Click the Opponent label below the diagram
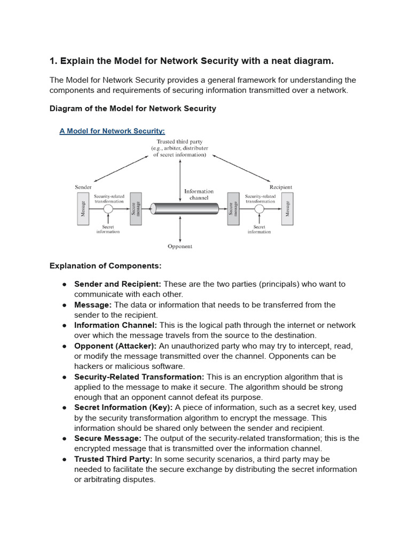point(180,246)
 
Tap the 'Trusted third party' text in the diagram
point(179,142)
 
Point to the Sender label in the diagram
point(83,187)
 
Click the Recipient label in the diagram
point(280,187)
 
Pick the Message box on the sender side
point(83,208)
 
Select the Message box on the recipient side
point(287,208)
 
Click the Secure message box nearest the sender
point(136,208)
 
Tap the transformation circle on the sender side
point(108,209)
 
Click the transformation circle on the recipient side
point(259,209)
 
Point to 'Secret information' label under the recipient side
point(259,229)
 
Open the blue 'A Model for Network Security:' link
point(112,131)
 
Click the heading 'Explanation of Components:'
point(105,266)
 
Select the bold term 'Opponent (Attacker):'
point(115,346)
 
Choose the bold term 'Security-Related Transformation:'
point(139,377)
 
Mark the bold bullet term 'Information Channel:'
point(114,325)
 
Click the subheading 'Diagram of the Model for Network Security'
point(133,109)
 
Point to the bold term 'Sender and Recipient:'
point(117,284)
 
